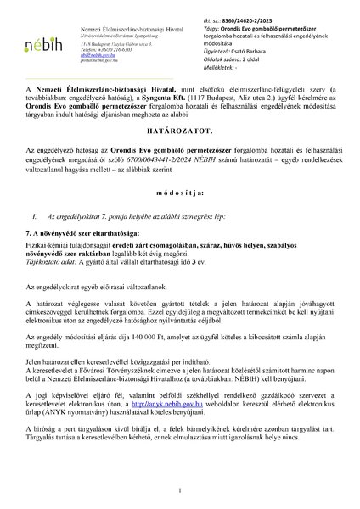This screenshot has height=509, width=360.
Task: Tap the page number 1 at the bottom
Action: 180,491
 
